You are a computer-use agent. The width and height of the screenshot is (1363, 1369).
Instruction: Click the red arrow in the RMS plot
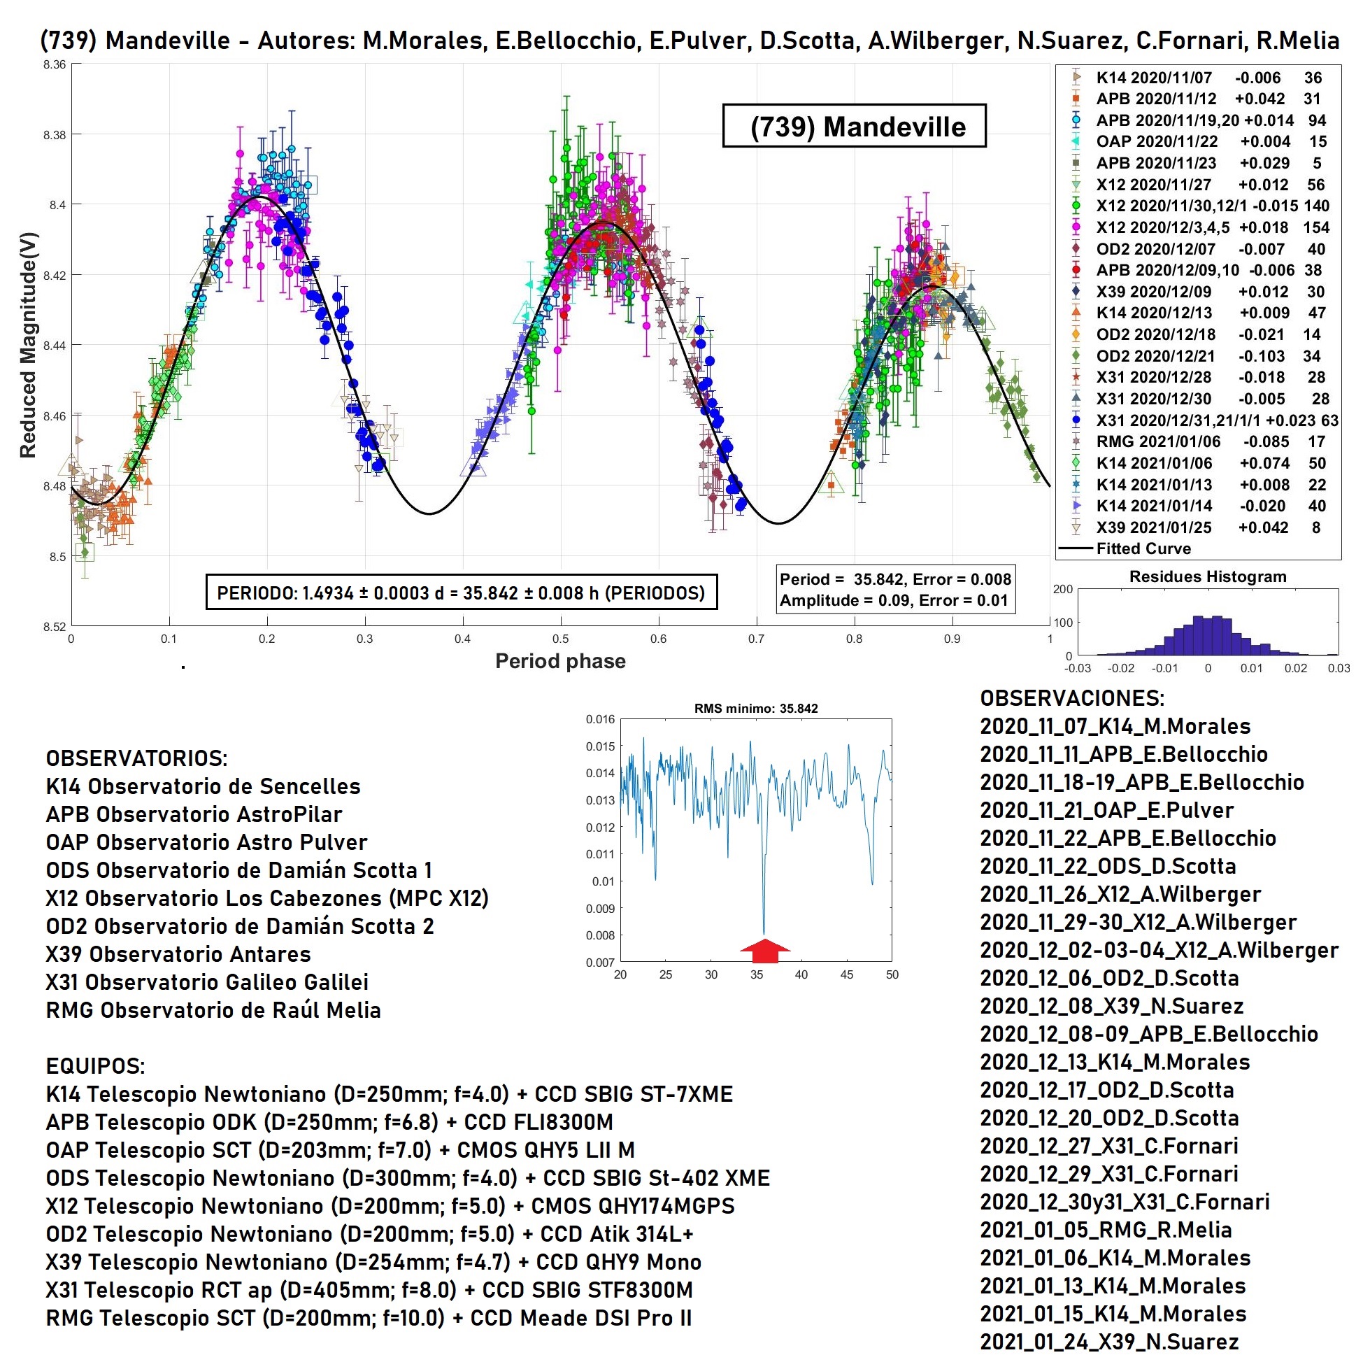tap(764, 950)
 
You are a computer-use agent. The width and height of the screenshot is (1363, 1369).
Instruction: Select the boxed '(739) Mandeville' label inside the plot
tap(854, 127)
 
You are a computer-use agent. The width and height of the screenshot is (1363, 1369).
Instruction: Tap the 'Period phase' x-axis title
tap(559, 661)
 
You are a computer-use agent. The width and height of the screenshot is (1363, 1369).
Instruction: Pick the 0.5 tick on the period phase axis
tap(560, 639)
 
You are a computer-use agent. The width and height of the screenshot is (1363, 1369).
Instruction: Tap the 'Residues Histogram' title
tap(1207, 577)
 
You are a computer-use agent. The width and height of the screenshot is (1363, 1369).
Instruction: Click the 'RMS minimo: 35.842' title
tap(755, 709)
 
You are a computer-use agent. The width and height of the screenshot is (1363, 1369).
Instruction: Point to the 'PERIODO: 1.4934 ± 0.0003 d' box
tap(460, 593)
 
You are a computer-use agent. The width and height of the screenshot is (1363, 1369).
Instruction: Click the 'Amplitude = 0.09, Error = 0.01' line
tap(893, 601)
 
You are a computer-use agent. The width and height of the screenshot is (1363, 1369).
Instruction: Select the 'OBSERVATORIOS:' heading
tap(137, 758)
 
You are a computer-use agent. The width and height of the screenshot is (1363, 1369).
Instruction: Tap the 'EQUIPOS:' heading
tap(95, 1065)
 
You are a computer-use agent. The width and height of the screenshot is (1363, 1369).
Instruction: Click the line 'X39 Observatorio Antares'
tap(178, 954)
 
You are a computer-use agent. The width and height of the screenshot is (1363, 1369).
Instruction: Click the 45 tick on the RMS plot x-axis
tap(847, 975)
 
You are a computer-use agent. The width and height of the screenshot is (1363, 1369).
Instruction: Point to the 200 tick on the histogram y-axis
tap(1062, 589)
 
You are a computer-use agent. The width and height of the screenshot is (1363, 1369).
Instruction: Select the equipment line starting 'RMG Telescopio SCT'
tap(369, 1318)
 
